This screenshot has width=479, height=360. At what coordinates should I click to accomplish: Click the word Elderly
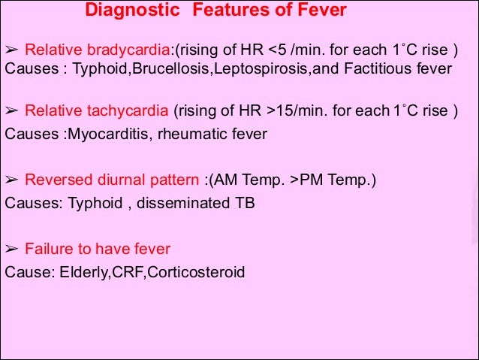point(79,271)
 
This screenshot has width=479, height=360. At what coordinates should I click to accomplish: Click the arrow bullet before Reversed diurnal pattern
point(11,180)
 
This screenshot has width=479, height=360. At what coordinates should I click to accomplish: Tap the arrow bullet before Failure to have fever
point(11,248)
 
